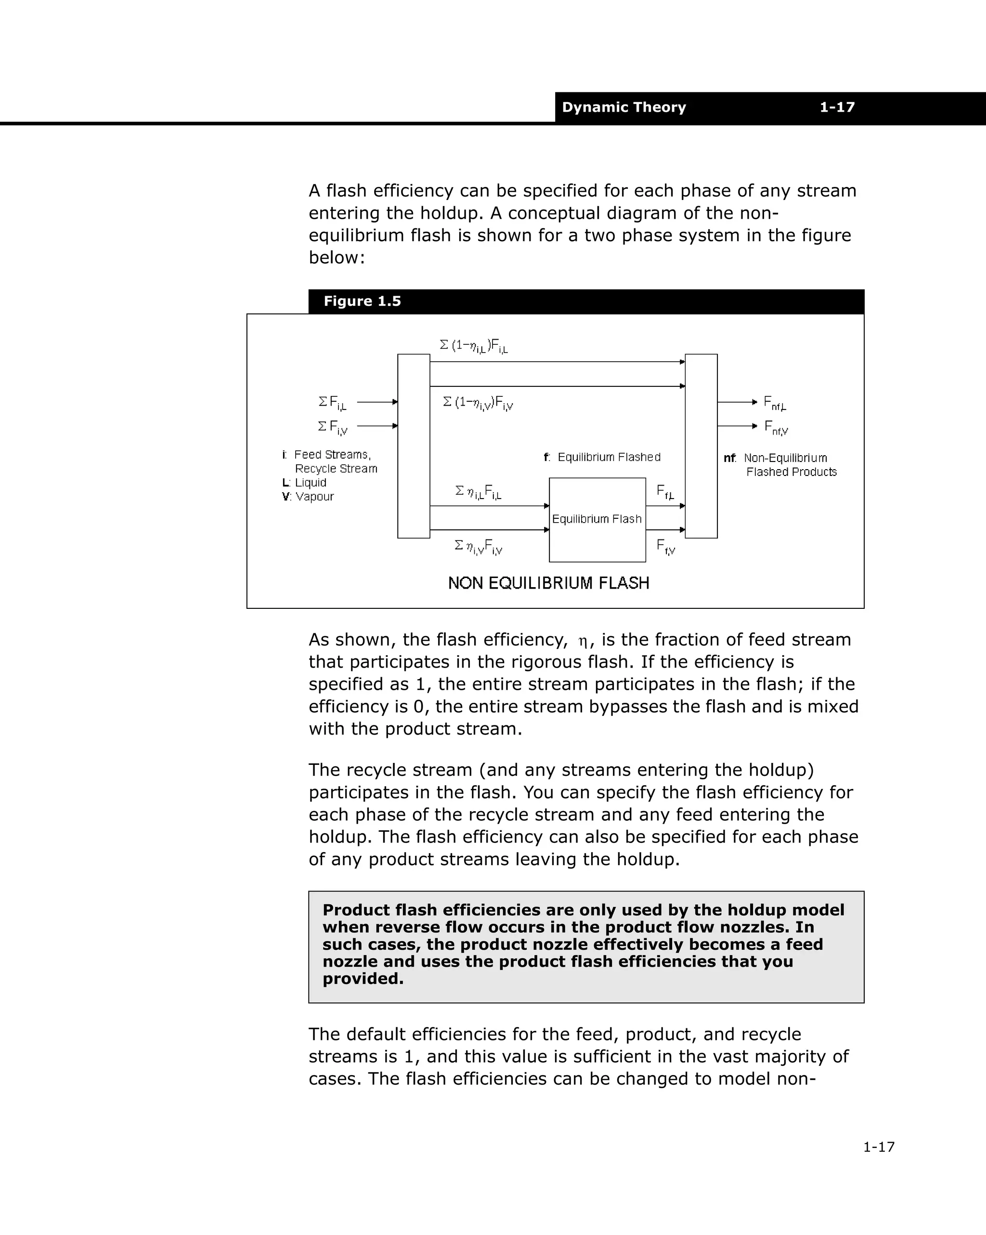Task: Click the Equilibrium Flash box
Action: tap(597, 520)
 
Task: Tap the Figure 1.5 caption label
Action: tap(362, 302)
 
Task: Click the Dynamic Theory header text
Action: tap(623, 107)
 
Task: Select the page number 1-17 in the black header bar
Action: tap(837, 107)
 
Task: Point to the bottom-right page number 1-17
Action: tap(878, 1147)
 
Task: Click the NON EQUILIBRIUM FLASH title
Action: tap(548, 583)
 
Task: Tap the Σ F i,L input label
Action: tap(333, 403)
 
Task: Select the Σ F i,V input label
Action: tap(333, 427)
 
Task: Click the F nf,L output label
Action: tap(775, 403)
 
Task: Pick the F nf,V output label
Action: tap(777, 428)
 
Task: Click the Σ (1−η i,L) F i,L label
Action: tap(474, 346)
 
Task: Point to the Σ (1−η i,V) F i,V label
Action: tap(478, 403)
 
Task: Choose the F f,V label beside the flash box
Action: tap(666, 547)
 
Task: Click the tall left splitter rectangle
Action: tap(414, 446)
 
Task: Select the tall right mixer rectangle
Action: tap(701, 446)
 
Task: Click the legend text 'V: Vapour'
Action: tap(308, 497)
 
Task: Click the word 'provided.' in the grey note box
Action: tap(363, 978)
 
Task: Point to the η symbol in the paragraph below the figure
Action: tap(583, 641)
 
